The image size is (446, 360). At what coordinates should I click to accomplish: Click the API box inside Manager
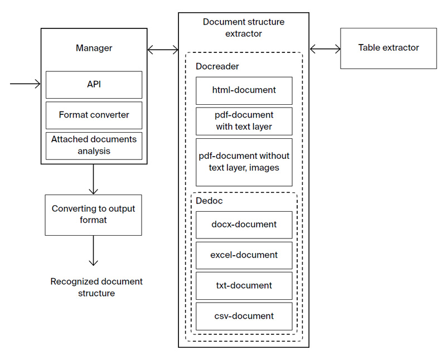(94, 85)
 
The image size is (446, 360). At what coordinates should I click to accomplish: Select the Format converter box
(94, 115)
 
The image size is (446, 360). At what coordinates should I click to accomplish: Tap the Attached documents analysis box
(94, 145)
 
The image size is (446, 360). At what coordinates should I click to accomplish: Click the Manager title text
(94, 48)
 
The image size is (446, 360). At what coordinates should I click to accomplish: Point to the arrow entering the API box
(26, 84)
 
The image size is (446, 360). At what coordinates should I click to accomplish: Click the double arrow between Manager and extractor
(163, 50)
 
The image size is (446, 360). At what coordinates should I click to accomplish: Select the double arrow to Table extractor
(325, 49)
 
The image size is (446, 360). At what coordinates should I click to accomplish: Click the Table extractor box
(388, 48)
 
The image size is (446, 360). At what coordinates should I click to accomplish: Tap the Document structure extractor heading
(244, 28)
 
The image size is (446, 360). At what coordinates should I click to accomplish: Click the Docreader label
(217, 66)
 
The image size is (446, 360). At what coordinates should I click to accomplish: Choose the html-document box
(244, 90)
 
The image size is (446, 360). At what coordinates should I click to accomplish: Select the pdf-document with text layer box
(244, 120)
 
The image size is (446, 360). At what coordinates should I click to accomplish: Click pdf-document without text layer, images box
(244, 162)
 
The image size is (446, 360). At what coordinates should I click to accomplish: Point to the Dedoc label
(209, 201)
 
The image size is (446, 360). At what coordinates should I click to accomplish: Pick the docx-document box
(244, 225)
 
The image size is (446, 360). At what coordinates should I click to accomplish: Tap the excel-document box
(244, 255)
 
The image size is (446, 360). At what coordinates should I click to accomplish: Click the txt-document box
(244, 285)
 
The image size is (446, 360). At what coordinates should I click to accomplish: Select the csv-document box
(244, 316)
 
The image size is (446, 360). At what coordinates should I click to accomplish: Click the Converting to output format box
(93, 215)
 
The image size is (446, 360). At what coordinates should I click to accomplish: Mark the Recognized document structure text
(96, 287)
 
